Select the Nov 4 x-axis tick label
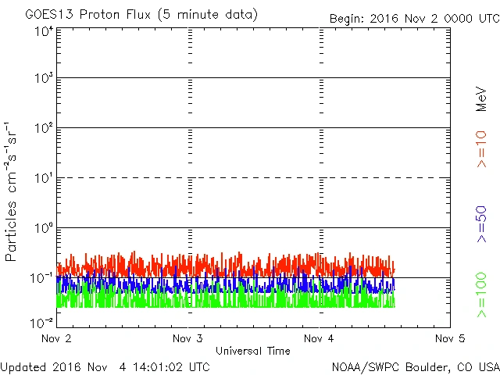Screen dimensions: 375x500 click(318, 339)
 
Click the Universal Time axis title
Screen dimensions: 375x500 click(252, 351)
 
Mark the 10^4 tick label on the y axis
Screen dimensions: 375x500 click(43, 30)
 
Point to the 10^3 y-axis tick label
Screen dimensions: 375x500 click(43, 80)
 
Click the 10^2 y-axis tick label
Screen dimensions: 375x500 click(43, 129)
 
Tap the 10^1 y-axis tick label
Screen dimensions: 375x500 click(43, 179)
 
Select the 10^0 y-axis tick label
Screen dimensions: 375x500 click(43, 229)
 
